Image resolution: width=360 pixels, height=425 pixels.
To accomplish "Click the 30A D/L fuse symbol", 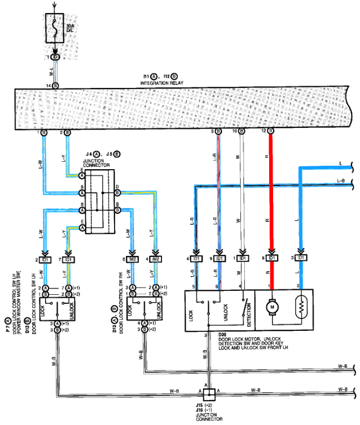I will point(55,27).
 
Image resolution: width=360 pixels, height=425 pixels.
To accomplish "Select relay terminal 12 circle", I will point(271,131).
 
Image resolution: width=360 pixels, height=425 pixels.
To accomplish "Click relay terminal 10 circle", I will point(242,131).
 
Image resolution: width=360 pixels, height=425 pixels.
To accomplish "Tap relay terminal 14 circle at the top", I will point(55,85).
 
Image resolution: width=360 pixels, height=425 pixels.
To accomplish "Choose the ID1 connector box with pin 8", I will point(271,258).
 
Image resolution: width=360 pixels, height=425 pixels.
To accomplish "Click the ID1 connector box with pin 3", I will point(300,258).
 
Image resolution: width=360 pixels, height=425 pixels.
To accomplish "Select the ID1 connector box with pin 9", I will point(218,258).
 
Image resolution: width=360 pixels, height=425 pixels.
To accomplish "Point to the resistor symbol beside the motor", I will point(300,308).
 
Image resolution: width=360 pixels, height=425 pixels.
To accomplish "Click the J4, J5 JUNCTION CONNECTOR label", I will point(100,157).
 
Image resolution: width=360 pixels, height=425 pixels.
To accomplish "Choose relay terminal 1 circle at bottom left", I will point(43,132).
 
